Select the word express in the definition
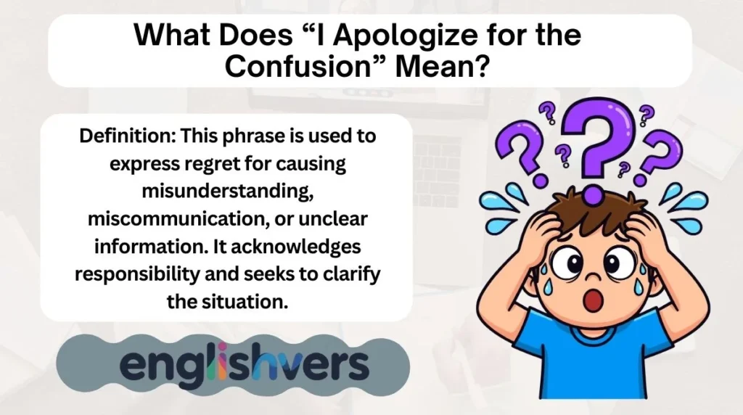click(x=142, y=163)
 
